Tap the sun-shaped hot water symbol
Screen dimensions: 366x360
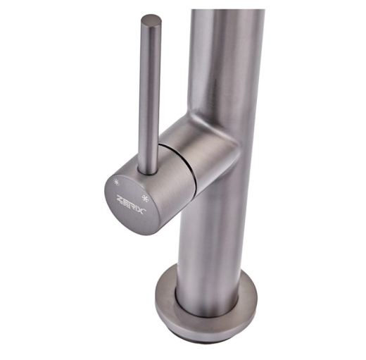[116, 182]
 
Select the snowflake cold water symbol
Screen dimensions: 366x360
[144, 199]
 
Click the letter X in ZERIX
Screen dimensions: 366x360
[140, 210]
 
